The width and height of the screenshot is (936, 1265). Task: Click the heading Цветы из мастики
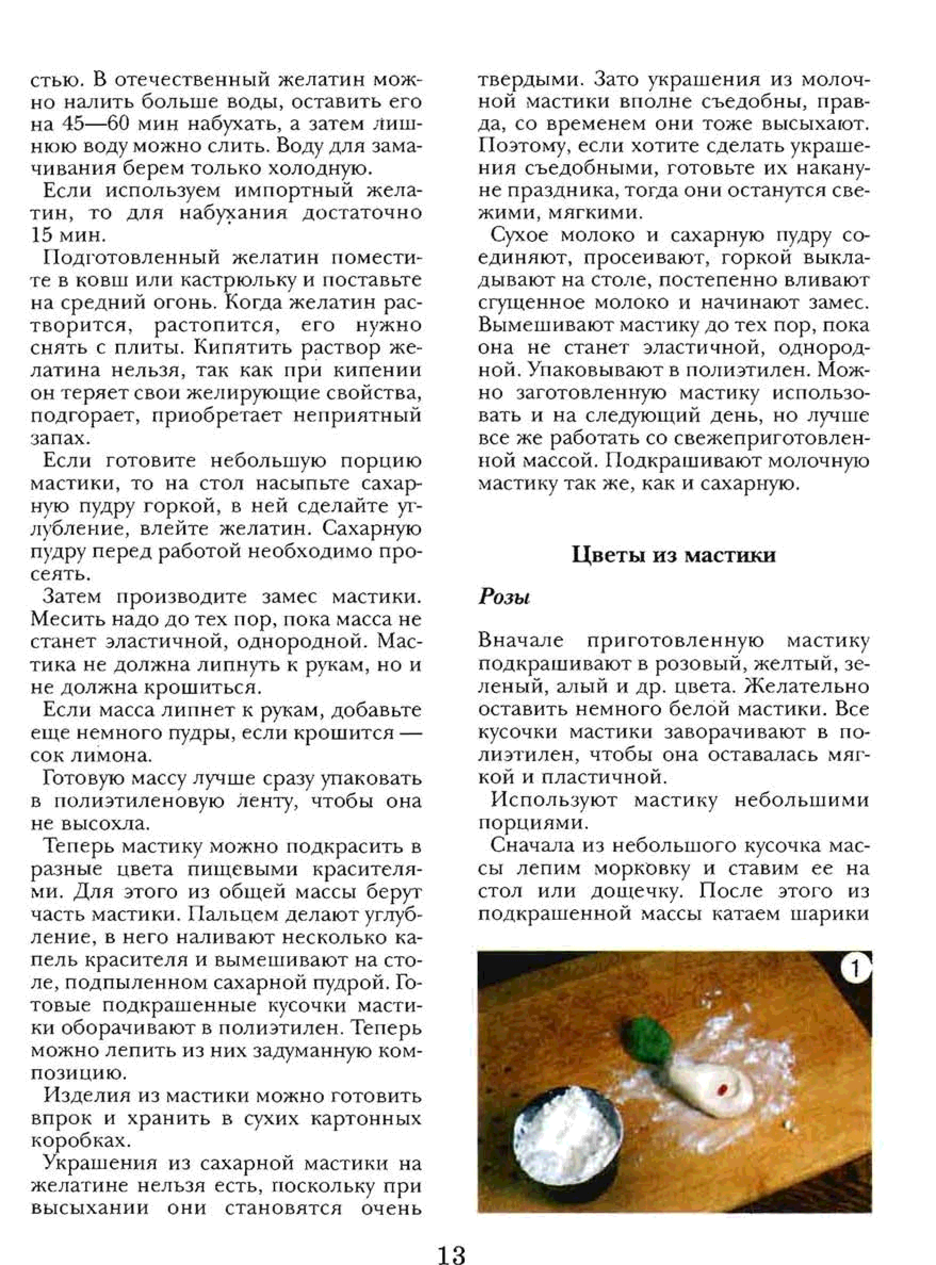pos(673,554)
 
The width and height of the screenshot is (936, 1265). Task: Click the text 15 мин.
pos(68,235)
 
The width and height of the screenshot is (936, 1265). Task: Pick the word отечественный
pos(193,80)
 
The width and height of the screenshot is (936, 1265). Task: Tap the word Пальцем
pos(234,915)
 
